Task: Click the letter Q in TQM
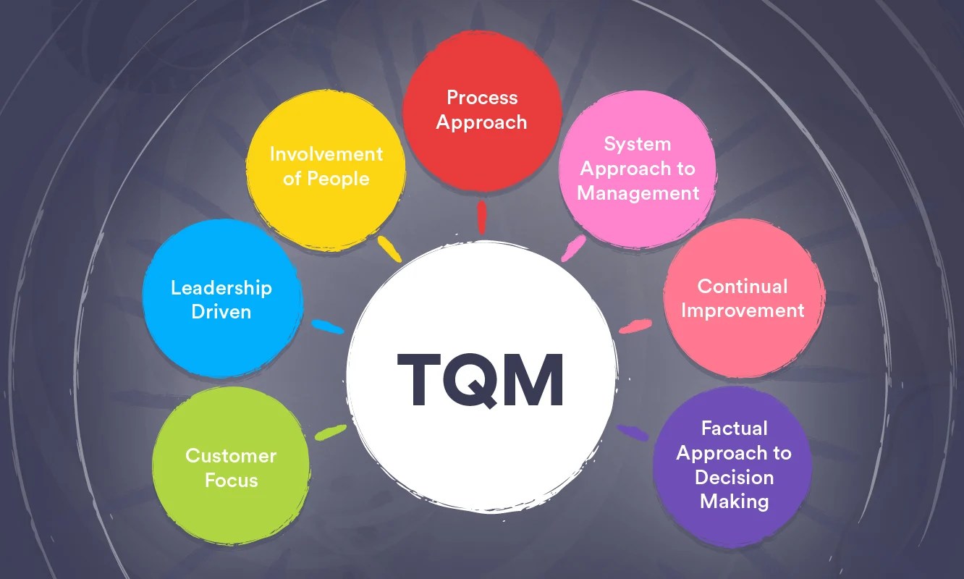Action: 481,380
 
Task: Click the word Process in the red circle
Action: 482,98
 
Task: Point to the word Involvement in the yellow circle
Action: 326,154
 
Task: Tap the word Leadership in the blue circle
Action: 221,288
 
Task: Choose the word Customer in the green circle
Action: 231,456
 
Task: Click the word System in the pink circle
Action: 638,144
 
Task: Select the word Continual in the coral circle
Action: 743,286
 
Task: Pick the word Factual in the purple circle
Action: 734,428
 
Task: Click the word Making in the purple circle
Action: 734,501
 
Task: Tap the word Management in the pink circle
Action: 638,193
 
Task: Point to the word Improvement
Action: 743,310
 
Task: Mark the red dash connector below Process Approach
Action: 482,217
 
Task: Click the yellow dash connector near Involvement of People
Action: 389,248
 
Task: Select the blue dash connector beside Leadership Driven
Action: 328,327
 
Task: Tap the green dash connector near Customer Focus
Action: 331,432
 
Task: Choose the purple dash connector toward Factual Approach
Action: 633,433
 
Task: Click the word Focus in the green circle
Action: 231,481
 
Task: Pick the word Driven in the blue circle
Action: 221,313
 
